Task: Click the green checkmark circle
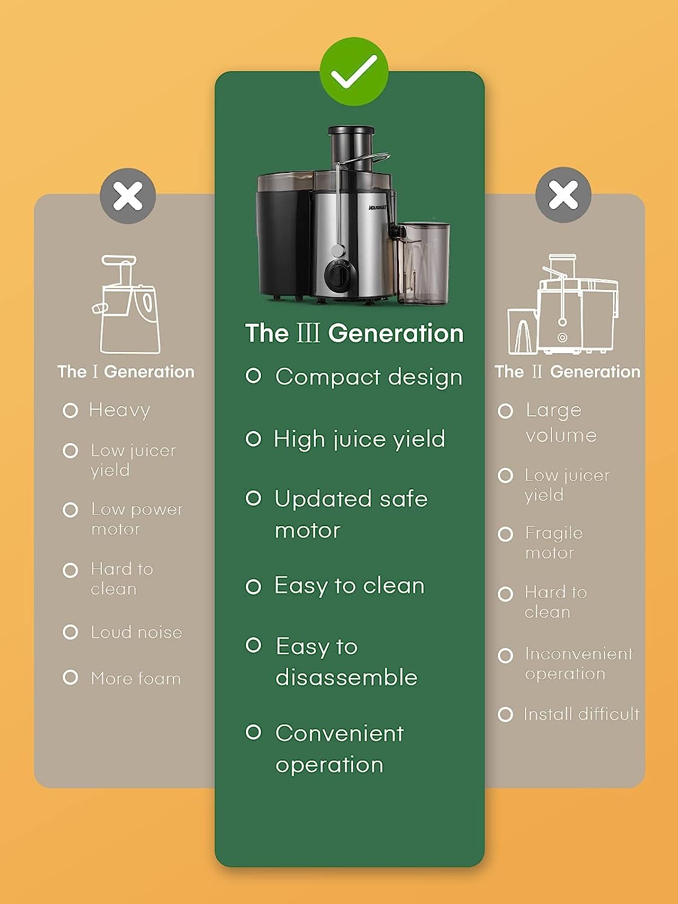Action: click(x=354, y=72)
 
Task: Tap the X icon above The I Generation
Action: click(x=128, y=196)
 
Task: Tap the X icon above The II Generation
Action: click(x=563, y=195)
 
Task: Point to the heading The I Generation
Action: click(x=126, y=372)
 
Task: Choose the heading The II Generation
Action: click(x=568, y=372)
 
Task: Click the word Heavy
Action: click(x=120, y=410)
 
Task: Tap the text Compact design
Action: click(x=369, y=377)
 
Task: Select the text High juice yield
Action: click(x=359, y=439)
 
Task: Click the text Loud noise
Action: click(x=136, y=632)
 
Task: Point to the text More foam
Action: click(x=136, y=679)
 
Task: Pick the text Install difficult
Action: click(x=581, y=714)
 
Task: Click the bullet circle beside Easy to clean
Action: click(x=254, y=586)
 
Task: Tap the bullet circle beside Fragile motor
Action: click(x=506, y=535)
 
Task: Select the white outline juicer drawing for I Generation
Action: click(x=126, y=304)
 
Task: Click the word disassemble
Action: click(x=346, y=677)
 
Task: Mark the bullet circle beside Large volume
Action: click(x=506, y=411)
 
